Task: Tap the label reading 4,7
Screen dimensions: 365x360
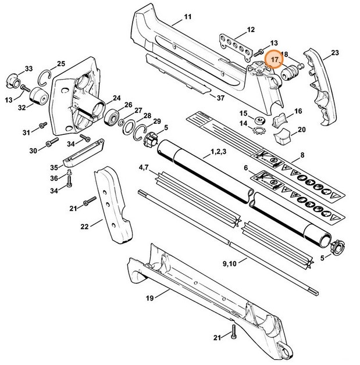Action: pyautogui.click(x=144, y=168)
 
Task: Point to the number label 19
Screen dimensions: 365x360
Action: pyautogui.click(x=150, y=298)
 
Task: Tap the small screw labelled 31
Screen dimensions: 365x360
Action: pyautogui.click(x=42, y=125)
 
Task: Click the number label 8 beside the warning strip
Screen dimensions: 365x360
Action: pyautogui.click(x=302, y=156)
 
